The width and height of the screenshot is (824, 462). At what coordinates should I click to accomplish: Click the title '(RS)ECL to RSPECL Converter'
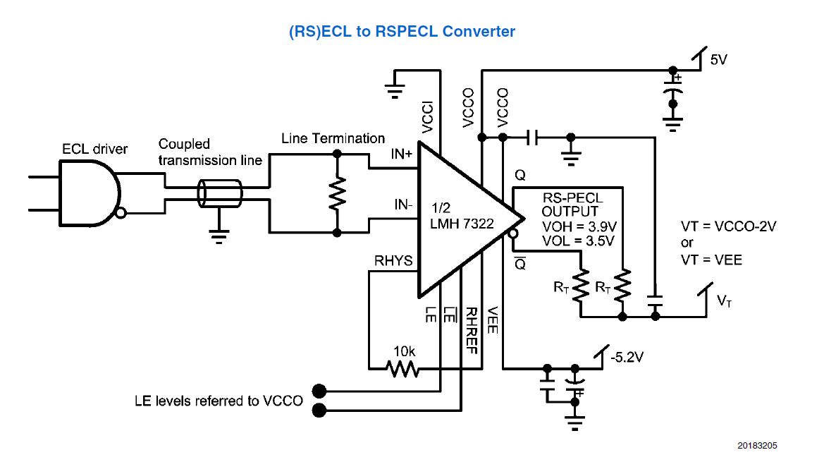coord(402,32)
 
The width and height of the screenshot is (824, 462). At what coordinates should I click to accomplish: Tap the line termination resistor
coord(338,193)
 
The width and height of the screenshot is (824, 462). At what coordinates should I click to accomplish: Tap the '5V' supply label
coord(718,60)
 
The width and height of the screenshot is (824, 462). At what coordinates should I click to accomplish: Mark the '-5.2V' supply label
coord(628,357)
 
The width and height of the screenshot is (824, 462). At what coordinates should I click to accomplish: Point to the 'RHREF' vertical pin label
coord(473,330)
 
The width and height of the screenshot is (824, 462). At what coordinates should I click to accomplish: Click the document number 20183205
coord(758,446)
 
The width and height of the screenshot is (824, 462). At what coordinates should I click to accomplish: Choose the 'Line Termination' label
coord(333,138)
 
